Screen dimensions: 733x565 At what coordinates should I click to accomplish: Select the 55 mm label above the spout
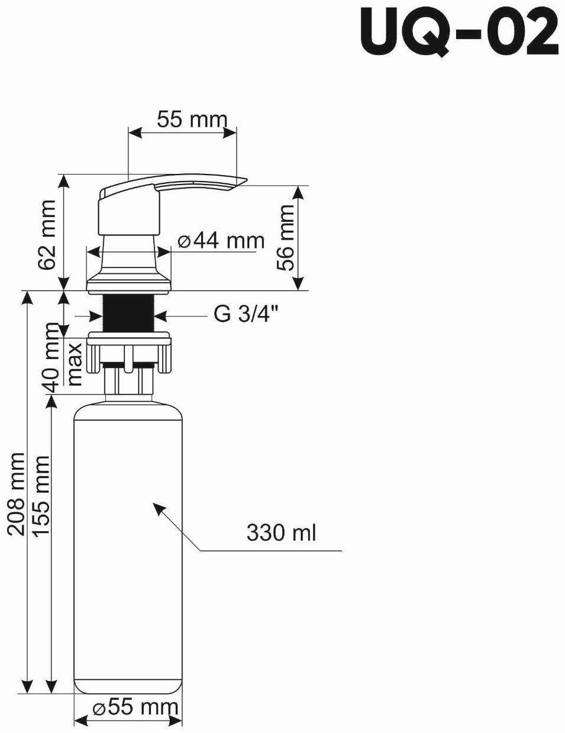click(x=192, y=120)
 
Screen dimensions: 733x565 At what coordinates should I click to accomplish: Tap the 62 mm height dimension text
click(x=47, y=234)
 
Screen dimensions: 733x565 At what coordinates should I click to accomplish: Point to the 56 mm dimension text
click(x=286, y=237)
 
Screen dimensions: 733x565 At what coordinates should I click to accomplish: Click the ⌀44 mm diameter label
click(x=221, y=241)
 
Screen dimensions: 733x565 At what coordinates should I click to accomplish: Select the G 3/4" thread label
click(x=246, y=315)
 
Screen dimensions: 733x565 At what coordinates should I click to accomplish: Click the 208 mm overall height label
click(x=16, y=494)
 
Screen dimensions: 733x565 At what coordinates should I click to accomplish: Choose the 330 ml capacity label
click(x=281, y=532)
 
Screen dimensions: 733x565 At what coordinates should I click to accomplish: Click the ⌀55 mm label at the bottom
click(x=135, y=707)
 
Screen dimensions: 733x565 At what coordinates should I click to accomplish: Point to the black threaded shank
click(x=128, y=312)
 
